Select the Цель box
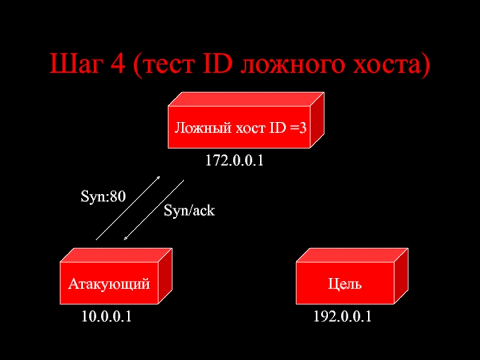[x=345, y=280]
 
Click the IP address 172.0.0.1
[x=235, y=161]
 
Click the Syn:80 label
[x=103, y=196]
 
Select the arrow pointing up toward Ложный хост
[x=128, y=208]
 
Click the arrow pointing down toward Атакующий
[x=154, y=210]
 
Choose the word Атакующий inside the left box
[x=109, y=283]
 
